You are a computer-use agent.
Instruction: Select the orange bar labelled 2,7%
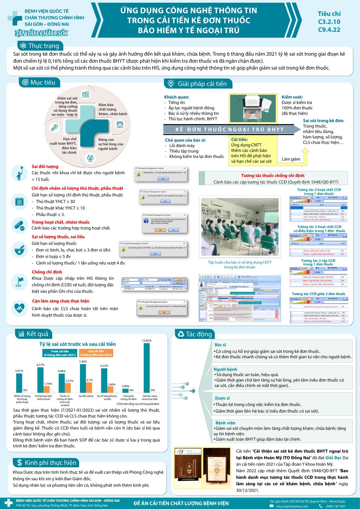(89, 387)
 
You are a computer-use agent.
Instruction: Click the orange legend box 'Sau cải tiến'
(96, 353)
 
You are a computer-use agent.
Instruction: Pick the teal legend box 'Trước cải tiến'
(60, 353)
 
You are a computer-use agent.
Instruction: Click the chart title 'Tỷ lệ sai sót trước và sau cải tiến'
(78, 344)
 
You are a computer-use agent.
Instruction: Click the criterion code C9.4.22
(329, 30)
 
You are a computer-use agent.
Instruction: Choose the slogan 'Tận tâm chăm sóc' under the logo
(41, 33)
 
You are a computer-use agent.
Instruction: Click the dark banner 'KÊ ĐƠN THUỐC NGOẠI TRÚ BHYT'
(229, 129)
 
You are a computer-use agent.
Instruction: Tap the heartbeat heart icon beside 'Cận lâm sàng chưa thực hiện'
(19, 308)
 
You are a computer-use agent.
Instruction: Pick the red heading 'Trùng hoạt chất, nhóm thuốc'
(60, 222)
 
